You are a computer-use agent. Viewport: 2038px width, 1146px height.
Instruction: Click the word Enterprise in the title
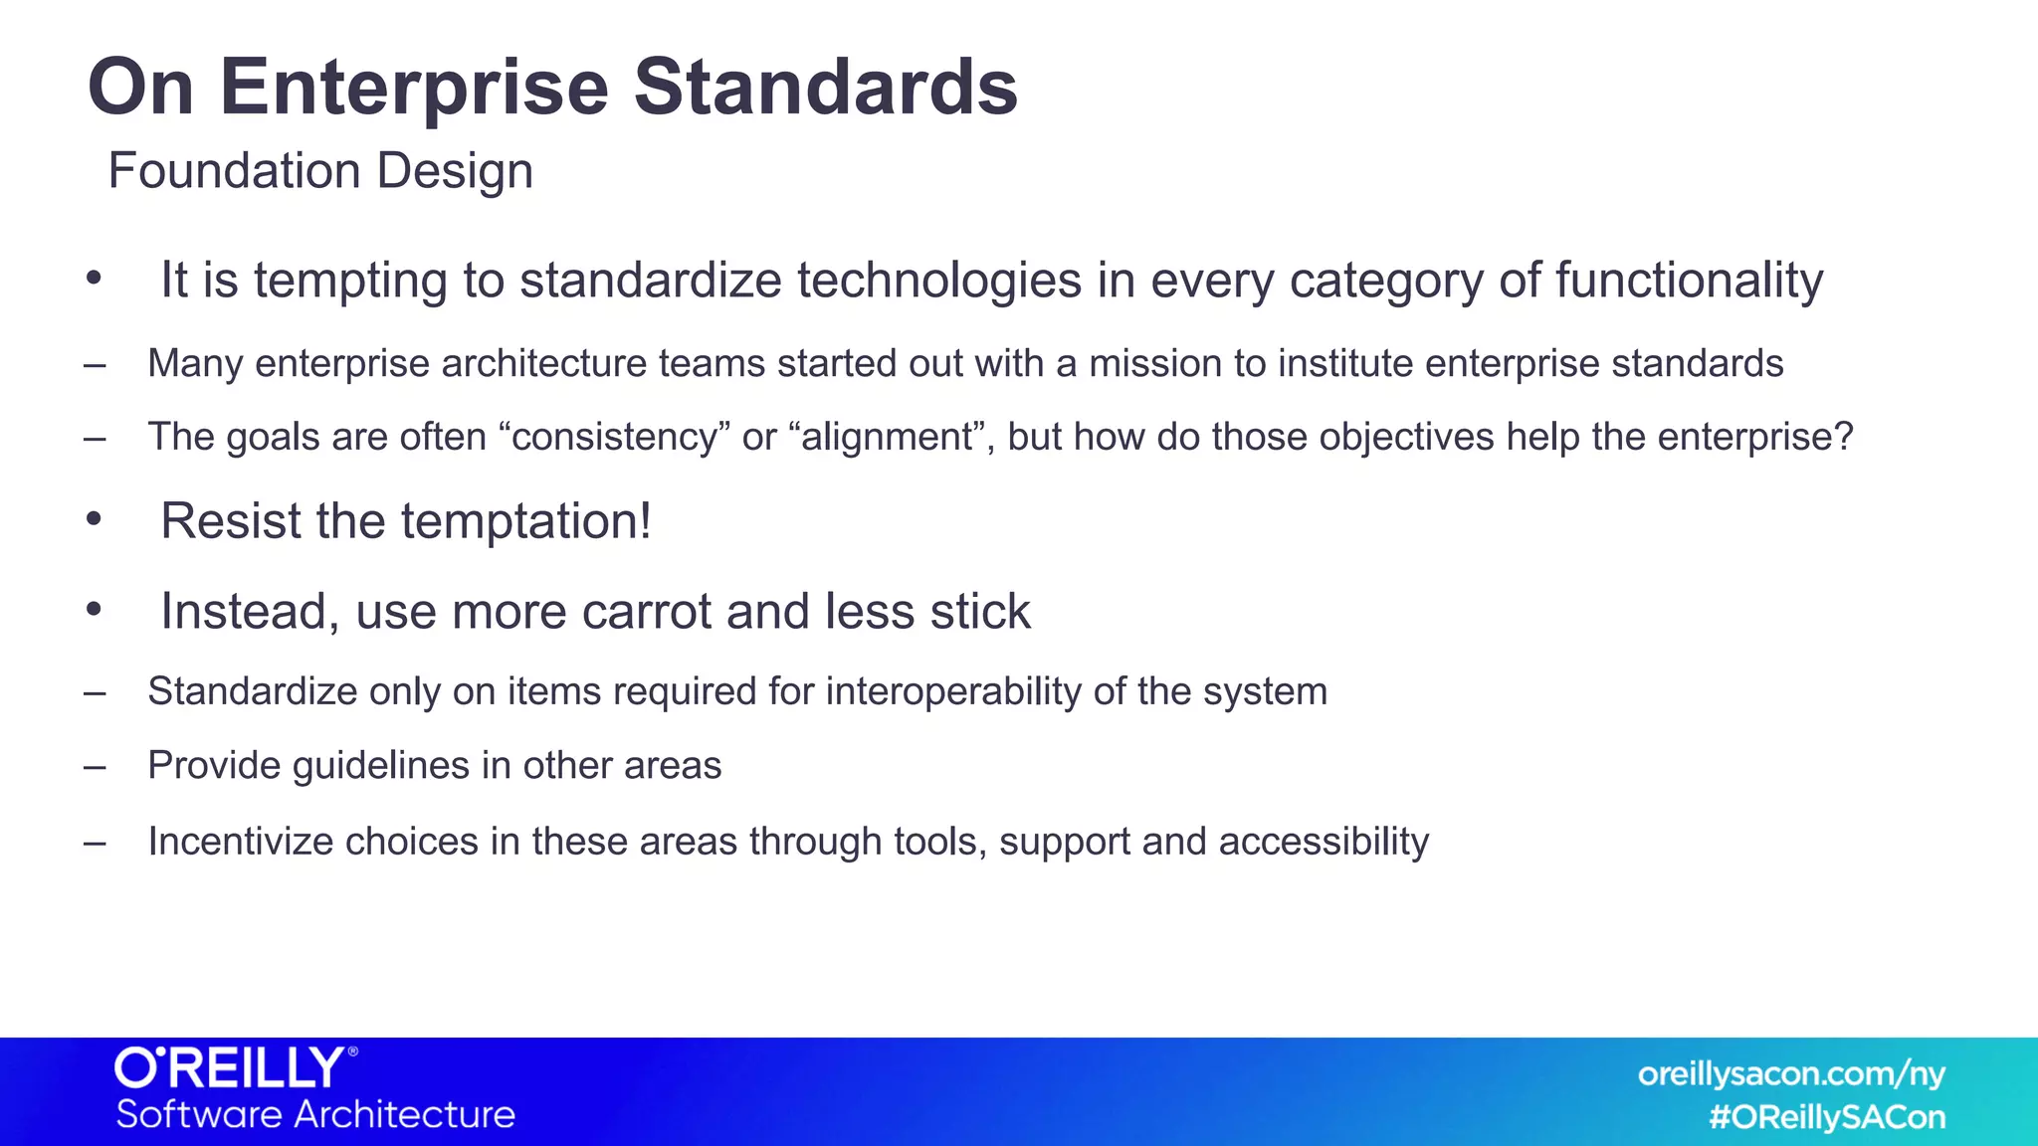tap(413, 88)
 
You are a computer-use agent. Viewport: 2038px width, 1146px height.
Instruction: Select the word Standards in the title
tap(825, 88)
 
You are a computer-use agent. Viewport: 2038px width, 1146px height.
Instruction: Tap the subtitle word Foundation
tap(234, 170)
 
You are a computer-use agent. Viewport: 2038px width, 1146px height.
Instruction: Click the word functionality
tap(1689, 281)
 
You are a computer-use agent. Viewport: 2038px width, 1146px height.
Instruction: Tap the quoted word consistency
tap(615, 438)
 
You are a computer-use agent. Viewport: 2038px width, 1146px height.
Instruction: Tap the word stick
tap(980, 611)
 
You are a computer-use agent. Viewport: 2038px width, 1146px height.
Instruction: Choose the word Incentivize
tap(240, 842)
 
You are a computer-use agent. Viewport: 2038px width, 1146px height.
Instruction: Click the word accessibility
tap(1324, 842)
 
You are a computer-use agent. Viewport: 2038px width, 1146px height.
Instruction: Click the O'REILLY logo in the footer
tap(235, 1068)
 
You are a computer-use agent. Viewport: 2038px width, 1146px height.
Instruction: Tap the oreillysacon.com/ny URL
tap(1790, 1073)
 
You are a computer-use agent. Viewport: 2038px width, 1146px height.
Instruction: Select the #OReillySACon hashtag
tap(1827, 1117)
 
